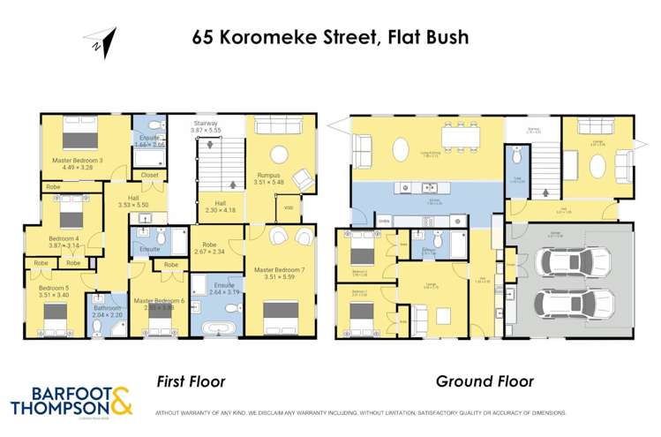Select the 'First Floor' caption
pos(192,381)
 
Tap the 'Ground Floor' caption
pos(484,381)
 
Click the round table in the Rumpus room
pos(281,154)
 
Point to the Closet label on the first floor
pos(149,175)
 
